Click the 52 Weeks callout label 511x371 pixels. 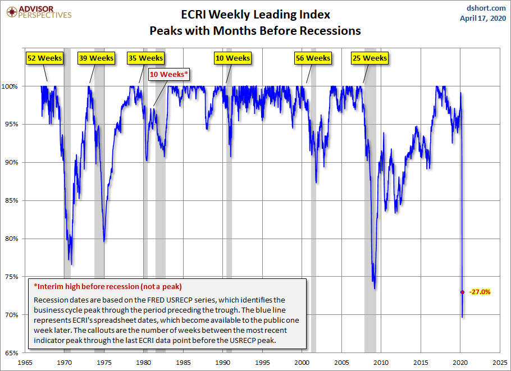45,58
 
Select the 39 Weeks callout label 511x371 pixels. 97,58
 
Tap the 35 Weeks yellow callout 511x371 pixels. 145,58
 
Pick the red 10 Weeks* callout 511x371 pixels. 169,74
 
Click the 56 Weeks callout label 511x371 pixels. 313,58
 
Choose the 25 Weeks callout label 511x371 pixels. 369,58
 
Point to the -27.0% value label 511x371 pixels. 480,292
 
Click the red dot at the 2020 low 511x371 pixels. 462,292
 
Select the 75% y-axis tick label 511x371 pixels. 12,277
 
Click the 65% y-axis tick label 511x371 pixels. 12,353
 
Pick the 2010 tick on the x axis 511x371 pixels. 382,363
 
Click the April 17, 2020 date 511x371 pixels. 482,18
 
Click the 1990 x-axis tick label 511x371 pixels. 223,363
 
